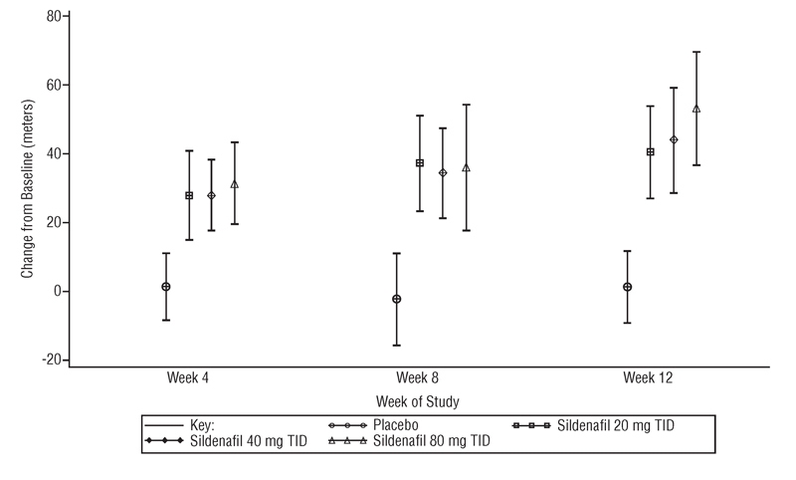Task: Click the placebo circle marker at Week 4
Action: click(166, 287)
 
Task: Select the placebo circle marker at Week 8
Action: click(397, 299)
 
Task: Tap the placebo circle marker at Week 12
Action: click(627, 287)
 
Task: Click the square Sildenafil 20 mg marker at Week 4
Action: click(189, 195)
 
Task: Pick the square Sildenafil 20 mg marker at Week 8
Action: click(420, 163)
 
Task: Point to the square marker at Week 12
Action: click(651, 152)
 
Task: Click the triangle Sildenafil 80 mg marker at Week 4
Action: click(235, 184)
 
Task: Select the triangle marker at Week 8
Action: click(466, 167)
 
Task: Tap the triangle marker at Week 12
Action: click(696, 109)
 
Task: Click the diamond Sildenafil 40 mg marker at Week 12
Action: click(674, 139)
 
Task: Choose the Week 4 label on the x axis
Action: click(188, 379)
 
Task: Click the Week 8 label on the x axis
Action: click(419, 379)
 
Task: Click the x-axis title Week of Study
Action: click(418, 400)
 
